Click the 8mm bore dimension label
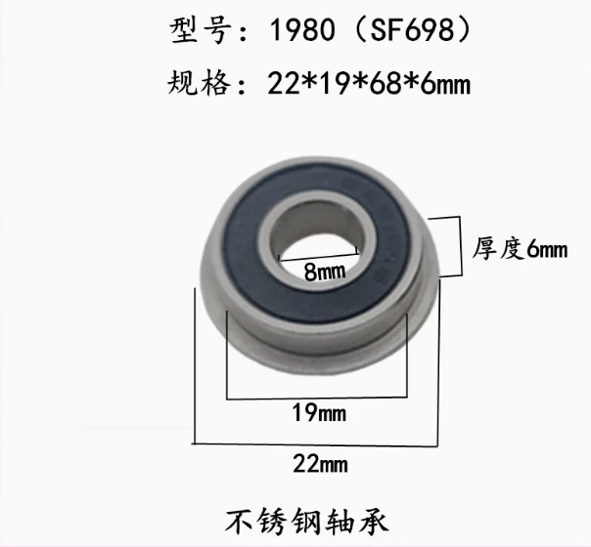point(319,273)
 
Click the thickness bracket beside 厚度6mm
point(458,247)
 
